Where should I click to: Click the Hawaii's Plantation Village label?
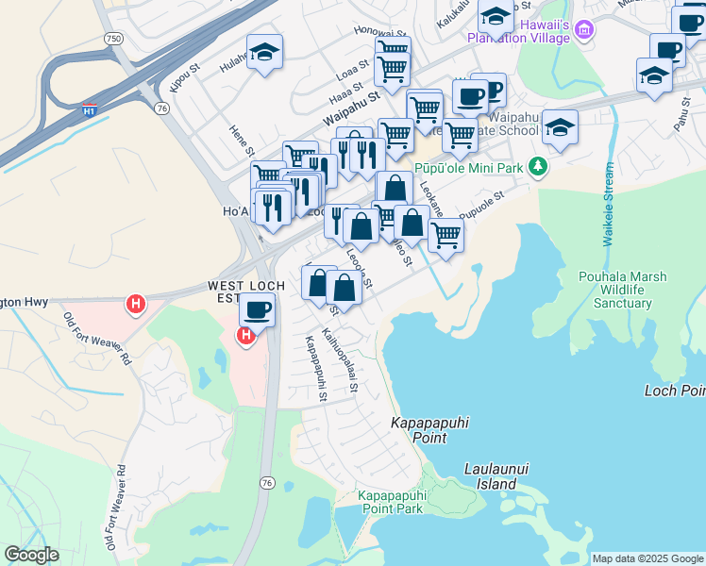pos(518,31)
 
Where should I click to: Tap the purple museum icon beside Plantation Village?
pos(584,31)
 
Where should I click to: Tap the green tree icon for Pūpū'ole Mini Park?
pos(538,167)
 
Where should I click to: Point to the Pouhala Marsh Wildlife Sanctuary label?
pos(623,290)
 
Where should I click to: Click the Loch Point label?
pos(674,390)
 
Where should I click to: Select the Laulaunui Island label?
pos(490,475)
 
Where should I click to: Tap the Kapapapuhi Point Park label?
pos(391,502)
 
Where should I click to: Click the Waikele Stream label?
pos(609,205)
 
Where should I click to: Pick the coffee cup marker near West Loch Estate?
pos(257,308)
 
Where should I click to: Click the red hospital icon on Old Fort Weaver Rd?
pos(136,304)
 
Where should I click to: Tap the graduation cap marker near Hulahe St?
pos(265,52)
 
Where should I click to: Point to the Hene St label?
pos(243,141)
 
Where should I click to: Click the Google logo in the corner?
pos(32,555)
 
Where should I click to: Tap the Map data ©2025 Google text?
pos(647,558)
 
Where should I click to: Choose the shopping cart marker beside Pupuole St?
pos(445,235)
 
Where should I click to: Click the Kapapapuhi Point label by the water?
pos(429,431)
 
